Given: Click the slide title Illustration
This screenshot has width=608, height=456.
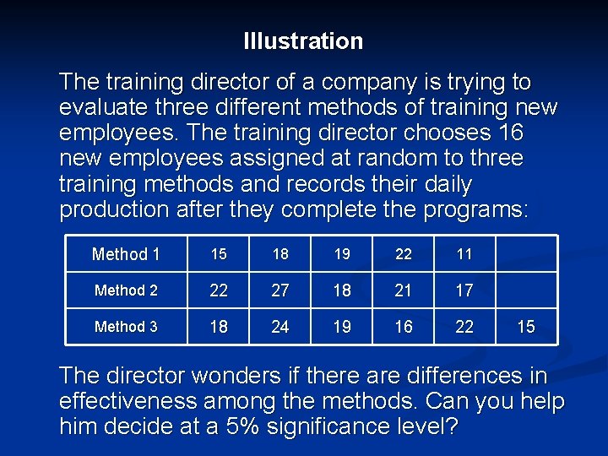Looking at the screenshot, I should (303, 41).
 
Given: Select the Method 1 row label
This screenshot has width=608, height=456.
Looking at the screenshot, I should (126, 254).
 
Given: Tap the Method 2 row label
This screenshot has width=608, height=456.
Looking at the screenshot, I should (126, 290).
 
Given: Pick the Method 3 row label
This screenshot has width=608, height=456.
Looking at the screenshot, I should (126, 327).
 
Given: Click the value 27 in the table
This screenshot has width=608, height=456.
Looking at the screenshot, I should (280, 290).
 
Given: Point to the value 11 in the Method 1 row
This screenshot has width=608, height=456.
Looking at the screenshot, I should (464, 254).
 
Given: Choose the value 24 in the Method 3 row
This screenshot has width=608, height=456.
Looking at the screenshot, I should (280, 327).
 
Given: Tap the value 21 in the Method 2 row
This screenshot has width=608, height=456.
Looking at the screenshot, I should (404, 290).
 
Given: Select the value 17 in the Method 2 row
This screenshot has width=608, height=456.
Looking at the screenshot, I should (464, 290).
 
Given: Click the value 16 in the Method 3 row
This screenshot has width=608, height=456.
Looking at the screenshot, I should (404, 327).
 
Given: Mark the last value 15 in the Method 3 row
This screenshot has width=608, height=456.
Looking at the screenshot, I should (526, 327).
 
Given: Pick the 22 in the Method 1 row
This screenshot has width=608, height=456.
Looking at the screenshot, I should (404, 254).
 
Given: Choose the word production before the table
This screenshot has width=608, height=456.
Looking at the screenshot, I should (115, 209).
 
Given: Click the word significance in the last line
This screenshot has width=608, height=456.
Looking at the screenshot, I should (318, 426).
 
